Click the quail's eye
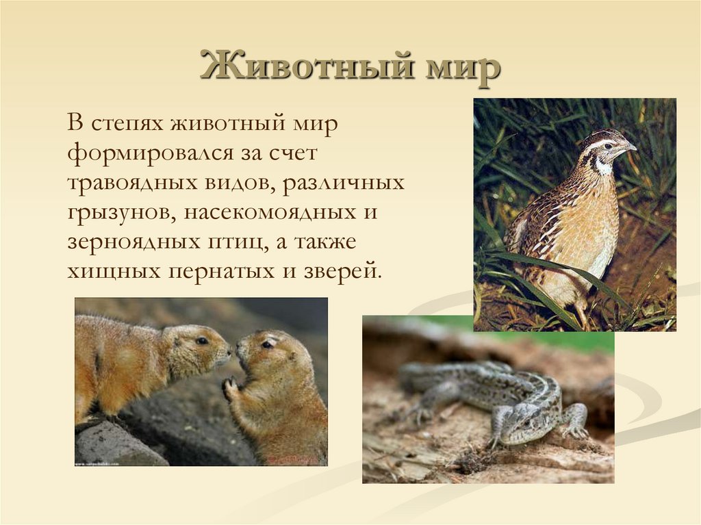coord(608,146)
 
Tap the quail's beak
coord(630,147)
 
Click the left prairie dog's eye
coord(201,340)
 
